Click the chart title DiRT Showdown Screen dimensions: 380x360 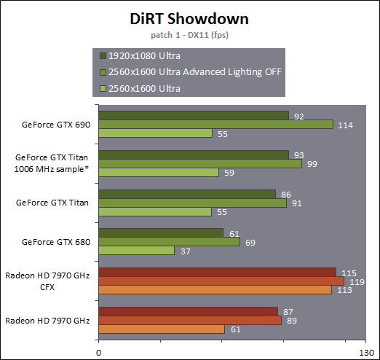click(189, 19)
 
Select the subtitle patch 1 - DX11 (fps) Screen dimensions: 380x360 click(189, 35)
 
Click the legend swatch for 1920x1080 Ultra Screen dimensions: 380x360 click(103, 56)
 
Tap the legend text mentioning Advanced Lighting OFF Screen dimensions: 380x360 click(195, 72)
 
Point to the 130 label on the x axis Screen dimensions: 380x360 click(366, 353)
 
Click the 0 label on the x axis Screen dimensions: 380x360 click(98, 353)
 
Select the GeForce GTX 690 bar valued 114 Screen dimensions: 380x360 click(216, 125)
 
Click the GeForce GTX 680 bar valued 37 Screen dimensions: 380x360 click(137, 251)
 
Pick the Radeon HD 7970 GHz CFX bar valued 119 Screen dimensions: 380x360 click(221, 281)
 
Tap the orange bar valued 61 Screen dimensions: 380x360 click(162, 329)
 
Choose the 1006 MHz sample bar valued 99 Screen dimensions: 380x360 click(200, 163)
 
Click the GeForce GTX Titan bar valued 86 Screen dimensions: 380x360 click(187, 194)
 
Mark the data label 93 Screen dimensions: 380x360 click(299, 155)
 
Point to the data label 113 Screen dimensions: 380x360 click(344, 290)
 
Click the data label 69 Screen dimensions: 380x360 click(250, 243)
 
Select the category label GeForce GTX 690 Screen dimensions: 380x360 click(56, 125)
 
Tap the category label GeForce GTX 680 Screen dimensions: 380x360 click(56, 242)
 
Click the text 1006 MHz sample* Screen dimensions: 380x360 click(52, 169)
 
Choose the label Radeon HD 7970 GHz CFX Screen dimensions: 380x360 click(47, 281)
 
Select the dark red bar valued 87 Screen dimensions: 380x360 click(189, 311)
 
